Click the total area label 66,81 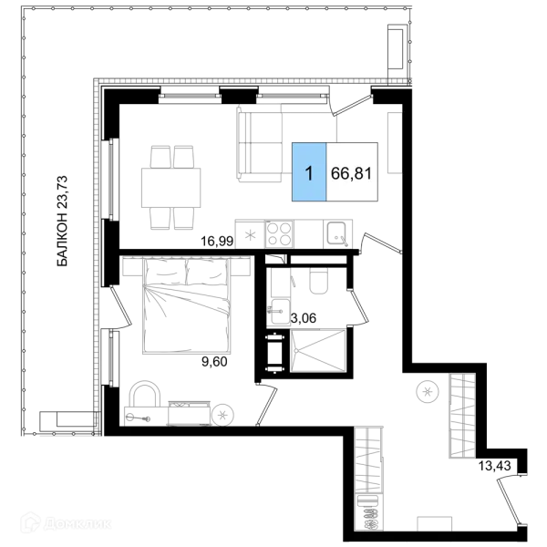coord(351,173)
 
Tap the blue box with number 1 coord(309,171)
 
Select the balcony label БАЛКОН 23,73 coord(62,222)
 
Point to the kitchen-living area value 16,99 coord(217,241)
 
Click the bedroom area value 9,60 coord(214,361)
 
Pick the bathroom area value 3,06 coord(304,318)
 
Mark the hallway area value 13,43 coord(495,465)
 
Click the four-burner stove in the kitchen coord(279,233)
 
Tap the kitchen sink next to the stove coord(337,233)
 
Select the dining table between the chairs coord(171,188)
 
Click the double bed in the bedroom coord(187,305)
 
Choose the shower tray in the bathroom coord(318,351)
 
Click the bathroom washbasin coord(280,312)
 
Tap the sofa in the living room coord(260,143)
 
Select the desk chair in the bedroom coord(145,394)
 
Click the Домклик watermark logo coord(67,523)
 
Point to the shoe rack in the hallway coord(368,512)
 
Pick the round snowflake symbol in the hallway coord(428,391)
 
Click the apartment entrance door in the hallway coord(510,501)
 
